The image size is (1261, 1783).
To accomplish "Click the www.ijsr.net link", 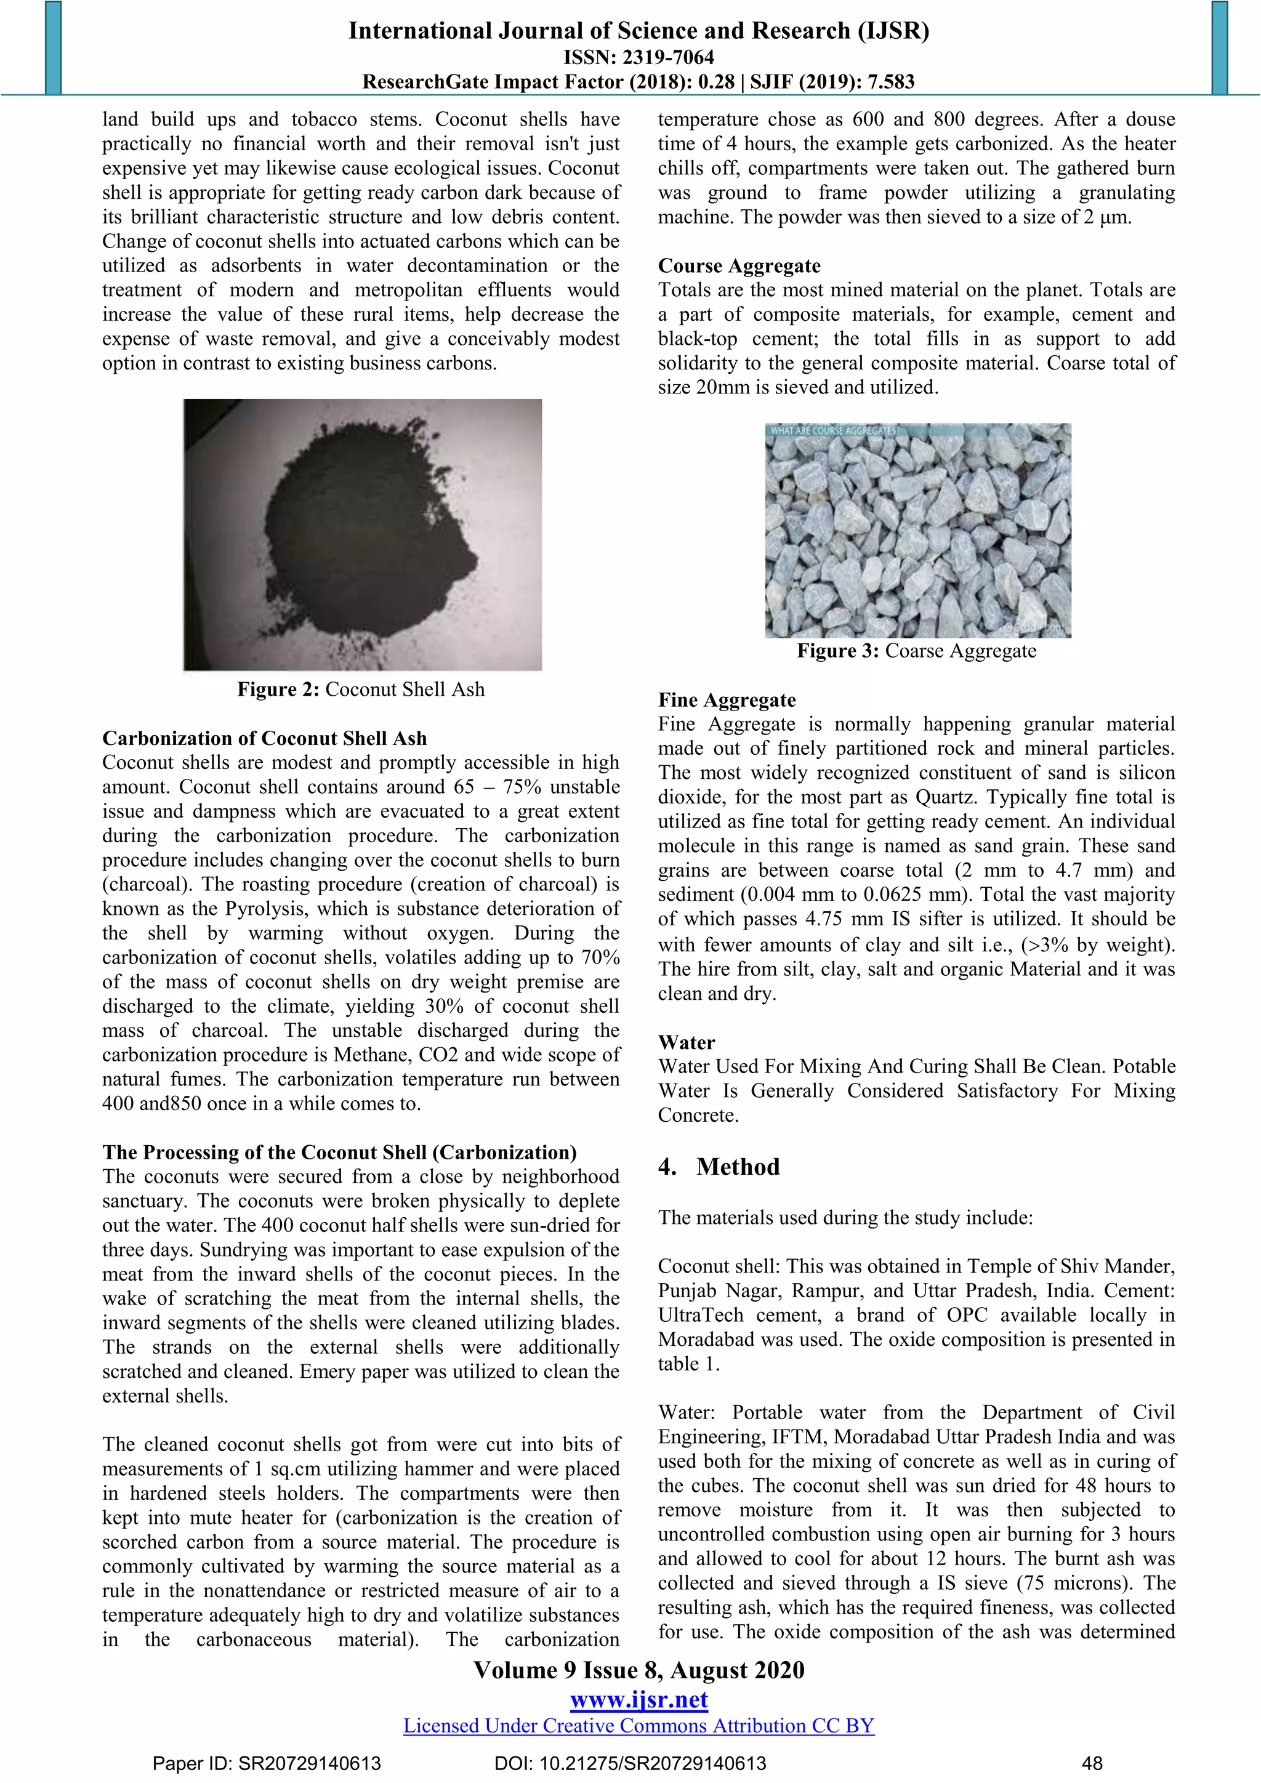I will [x=639, y=1700].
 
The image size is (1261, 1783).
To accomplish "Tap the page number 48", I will [x=1092, y=1763].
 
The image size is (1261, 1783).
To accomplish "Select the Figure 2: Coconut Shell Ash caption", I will [x=361, y=690].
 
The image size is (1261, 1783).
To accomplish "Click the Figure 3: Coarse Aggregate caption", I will [x=916, y=651].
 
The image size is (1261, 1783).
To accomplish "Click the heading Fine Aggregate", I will [x=727, y=699].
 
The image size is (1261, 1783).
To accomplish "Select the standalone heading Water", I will [x=687, y=1042].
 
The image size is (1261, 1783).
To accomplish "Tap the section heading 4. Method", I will [x=719, y=1167].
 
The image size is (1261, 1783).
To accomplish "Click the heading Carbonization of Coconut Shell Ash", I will [x=265, y=738].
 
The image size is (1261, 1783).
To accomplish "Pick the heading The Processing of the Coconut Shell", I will [x=339, y=1152].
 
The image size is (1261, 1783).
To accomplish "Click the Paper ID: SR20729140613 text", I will [x=267, y=1763].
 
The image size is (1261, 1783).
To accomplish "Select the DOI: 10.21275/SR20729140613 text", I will [x=630, y=1763].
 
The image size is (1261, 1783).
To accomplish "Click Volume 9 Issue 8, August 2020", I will [x=639, y=1670].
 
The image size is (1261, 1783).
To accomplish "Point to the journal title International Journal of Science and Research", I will [x=639, y=30].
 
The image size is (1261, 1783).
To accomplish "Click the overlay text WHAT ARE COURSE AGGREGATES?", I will [x=834, y=430].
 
